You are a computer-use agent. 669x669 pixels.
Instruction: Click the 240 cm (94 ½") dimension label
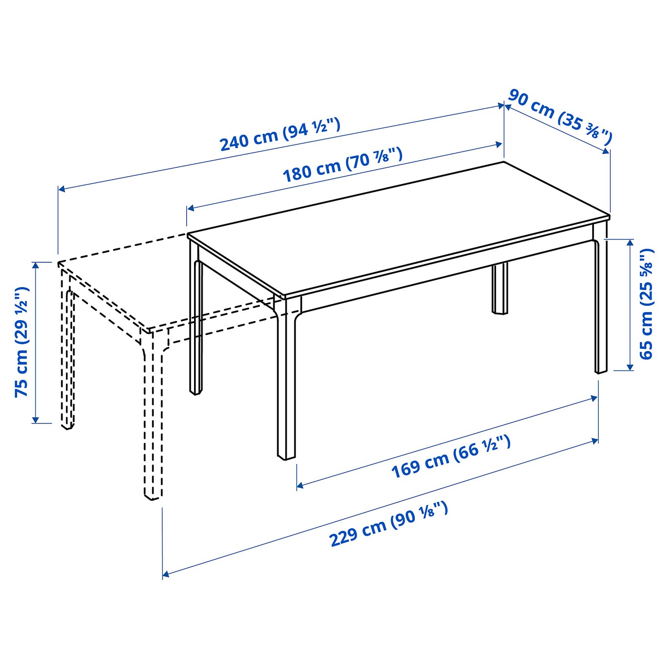pos(280,134)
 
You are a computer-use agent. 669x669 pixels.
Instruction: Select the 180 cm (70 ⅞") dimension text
pos(343,165)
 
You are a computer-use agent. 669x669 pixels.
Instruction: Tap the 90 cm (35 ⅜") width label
pos(559,116)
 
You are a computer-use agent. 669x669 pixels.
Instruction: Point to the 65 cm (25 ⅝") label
pos(647,304)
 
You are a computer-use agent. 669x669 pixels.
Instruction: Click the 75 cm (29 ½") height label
pos(22,342)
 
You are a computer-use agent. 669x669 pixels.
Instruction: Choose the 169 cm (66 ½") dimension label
pos(451,456)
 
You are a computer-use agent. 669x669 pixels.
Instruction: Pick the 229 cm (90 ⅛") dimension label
pos(388,524)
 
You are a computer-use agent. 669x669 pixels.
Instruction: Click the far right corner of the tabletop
pos(610,216)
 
